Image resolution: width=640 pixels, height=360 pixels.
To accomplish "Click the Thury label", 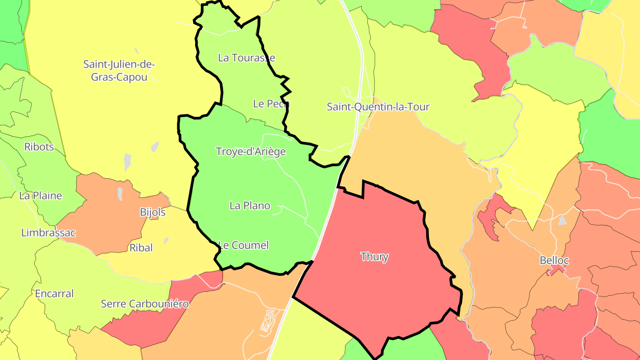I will [x=375, y=257].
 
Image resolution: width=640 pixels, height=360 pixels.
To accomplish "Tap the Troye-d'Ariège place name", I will [x=251, y=152].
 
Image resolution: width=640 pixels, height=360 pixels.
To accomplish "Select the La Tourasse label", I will [x=247, y=58].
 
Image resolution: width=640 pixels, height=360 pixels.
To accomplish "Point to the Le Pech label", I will [x=271, y=104].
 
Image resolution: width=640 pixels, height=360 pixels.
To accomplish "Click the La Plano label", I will [x=250, y=205].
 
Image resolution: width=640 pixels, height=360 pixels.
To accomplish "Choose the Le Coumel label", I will [x=244, y=245].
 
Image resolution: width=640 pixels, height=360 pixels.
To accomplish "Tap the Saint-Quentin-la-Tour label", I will [x=378, y=107].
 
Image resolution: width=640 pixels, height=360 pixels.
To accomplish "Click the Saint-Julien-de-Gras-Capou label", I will [x=119, y=71].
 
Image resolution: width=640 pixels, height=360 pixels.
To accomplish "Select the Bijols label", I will [x=152, y=212].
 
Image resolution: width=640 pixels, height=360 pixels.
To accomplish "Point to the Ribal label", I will [x=141, y=248].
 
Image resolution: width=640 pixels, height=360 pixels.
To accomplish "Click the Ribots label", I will [x=39, y=147].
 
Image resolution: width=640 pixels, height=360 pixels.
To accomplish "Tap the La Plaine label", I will [x=40, y=196].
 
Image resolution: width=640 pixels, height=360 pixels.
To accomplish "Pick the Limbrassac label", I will [x=48, y=233].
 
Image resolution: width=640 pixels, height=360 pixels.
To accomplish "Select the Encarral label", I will [x=54, y=294].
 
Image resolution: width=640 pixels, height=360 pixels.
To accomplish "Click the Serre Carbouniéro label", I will [x=145, y=304].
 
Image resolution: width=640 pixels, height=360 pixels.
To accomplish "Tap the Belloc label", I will [x=554, y=260].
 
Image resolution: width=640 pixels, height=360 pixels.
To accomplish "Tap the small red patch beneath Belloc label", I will [x=556, y=270].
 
